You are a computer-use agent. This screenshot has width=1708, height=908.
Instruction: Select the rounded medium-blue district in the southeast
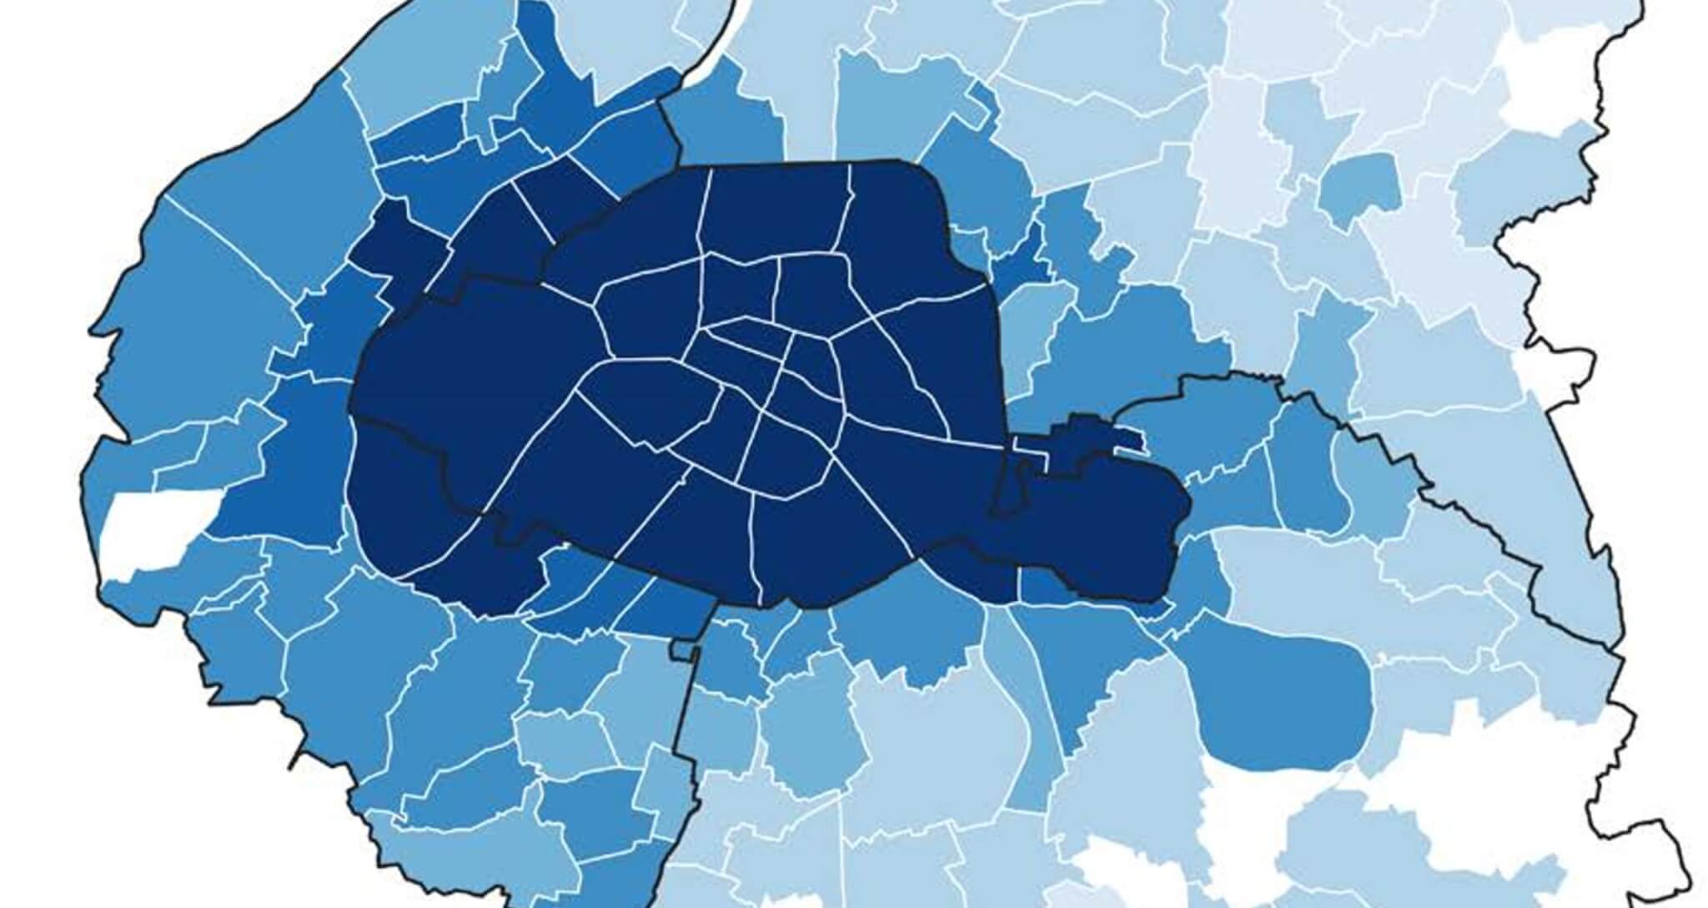coord(1280,701)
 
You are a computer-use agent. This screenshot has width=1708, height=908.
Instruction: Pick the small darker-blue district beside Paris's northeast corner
coord(1013,267)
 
